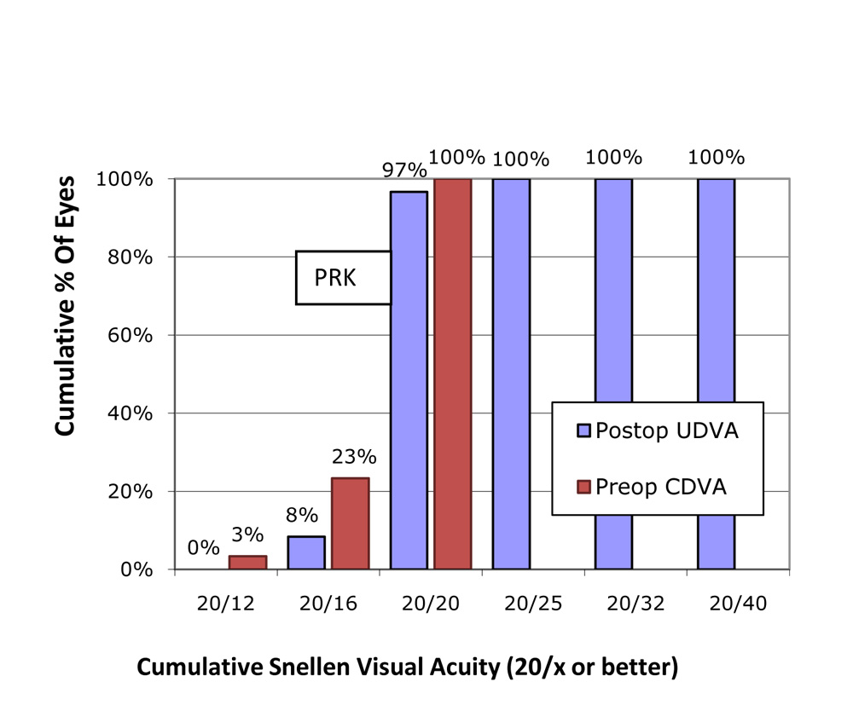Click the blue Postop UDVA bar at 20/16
(306, 552)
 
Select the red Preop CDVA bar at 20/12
(247, 563)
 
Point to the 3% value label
(247, 536)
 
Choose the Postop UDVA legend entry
(658, 431)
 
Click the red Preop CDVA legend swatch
(583, 486)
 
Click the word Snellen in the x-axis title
(289, 667)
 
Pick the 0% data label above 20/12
(204, 548)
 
